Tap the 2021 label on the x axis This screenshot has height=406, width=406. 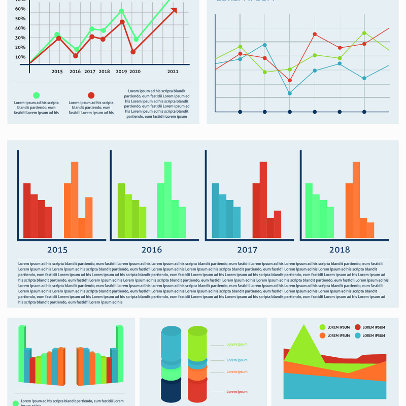[x=173, y=72]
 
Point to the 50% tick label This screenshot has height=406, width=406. [x=20, y=19]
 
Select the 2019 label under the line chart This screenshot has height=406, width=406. [x=121, y=72]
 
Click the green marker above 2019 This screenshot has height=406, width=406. [x=121, y=11]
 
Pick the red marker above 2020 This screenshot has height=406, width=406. [x=133, y=52]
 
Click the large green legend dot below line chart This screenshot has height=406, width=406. [x=36, y=95]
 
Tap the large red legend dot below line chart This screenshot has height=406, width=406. [x=91, y=95]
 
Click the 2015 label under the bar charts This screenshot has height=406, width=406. [x=57, y=250]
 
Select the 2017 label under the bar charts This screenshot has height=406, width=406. [x=247, y=250]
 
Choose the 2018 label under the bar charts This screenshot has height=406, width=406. [x=340, y=250]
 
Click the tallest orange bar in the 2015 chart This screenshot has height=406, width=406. [x=75, y=200]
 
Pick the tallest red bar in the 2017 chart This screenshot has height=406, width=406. [x=263, y=200]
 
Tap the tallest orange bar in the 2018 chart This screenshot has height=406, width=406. [x=356, y=200]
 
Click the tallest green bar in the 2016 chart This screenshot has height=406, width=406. [x=167, y=200]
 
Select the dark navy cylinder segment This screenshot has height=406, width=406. [x=171, y=390]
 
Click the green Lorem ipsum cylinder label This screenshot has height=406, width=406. [x=237, y=345]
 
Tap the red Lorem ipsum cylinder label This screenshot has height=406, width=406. [x=237, y=392]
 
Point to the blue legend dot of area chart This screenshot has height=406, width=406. [x=358, y=335]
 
